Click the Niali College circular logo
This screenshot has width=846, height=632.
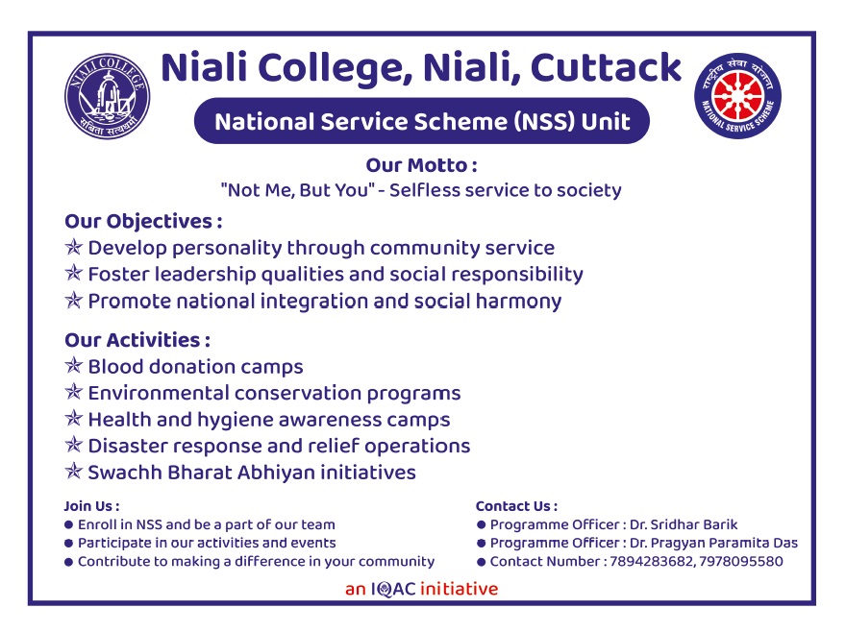click(x=108, y=96)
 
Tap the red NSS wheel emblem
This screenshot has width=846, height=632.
click(x=737, y=96)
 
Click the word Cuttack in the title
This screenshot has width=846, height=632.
click(x=606, y=68)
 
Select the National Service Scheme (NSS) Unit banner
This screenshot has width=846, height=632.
click(x=422, y=121)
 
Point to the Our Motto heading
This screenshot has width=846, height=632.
click(x=421, y=165)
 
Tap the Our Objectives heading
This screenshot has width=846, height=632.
click(x=143, y=221)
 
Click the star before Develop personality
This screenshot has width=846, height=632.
click(x=73, y=247)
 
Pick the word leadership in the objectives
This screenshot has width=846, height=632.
click(x=205, y=275)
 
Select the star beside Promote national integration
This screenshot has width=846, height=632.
click(x=73, y=300)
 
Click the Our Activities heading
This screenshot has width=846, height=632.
click(x=137, y=340)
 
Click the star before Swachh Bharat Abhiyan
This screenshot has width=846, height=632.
click(x=73, y=472)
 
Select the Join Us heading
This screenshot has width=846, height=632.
click(x=91, y=506)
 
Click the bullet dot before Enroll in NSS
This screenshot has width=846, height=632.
click(x=68, y=524)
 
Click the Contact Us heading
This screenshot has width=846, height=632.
click(x=517, y=506)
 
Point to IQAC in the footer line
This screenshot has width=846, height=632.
click(x=393, y=589)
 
